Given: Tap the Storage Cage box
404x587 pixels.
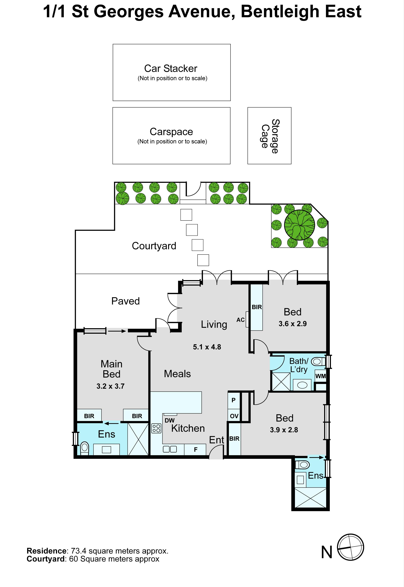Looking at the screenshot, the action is [x=269, y=136].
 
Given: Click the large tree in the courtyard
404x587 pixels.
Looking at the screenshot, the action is [x=299, y=225].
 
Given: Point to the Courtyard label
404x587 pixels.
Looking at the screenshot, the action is [x=154, y=246].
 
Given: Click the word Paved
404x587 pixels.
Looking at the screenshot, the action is [x=126, y=301].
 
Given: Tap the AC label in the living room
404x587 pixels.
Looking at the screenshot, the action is [x=240, y=320].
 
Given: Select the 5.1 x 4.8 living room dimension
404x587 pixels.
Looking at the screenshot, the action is [x=207, y=347].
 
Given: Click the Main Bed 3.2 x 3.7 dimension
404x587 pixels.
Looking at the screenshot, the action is [x=110, y=386].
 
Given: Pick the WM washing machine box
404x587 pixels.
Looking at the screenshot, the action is [x=321, y=376].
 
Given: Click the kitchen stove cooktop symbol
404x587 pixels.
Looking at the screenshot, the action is [x=156, y=428].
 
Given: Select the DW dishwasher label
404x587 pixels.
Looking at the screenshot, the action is [x=170, y=420].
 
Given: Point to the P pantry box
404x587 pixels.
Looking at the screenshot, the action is [x=234, y=400].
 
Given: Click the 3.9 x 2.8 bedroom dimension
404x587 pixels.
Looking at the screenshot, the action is [x=284, y=430].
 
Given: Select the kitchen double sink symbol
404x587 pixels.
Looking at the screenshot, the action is [x=170, y=449].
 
